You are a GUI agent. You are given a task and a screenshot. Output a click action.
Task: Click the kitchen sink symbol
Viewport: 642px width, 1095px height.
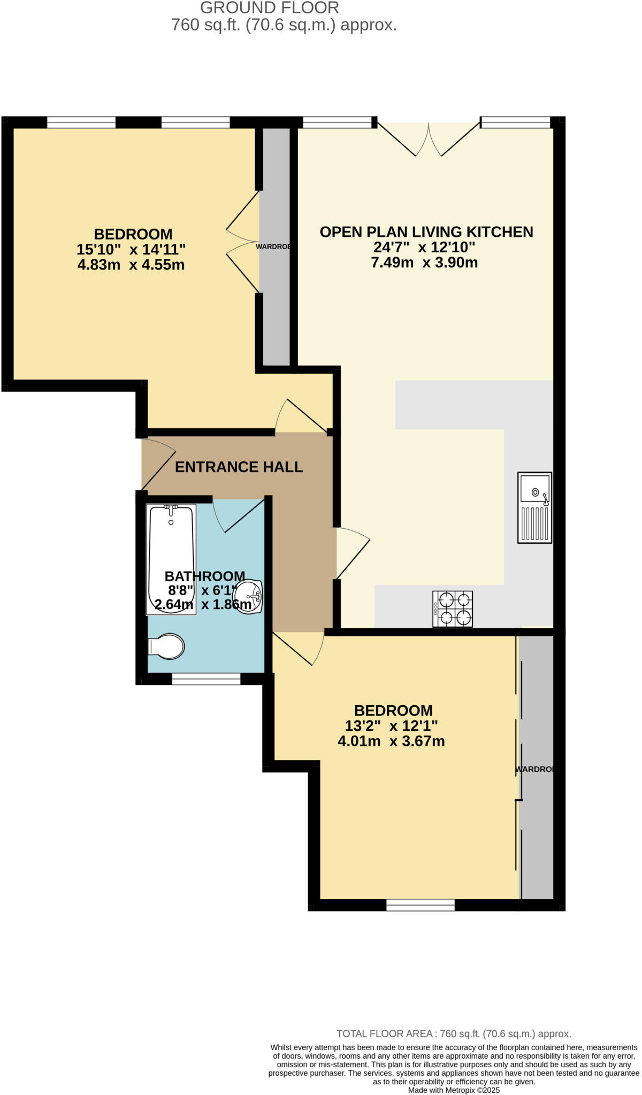534,507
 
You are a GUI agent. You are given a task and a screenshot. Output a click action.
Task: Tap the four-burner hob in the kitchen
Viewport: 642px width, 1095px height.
453,608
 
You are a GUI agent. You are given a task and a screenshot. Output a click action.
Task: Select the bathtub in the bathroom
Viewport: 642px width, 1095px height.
171,559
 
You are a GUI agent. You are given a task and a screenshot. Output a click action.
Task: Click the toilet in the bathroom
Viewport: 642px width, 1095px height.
167,646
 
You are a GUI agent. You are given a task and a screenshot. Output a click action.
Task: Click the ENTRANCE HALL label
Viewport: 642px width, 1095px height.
239,467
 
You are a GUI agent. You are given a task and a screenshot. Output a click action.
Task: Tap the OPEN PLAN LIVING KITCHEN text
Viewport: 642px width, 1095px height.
426,232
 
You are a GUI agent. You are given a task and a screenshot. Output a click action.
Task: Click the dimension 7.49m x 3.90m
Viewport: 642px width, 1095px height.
424,263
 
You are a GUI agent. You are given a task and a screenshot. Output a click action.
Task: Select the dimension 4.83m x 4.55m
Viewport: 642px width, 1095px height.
131,265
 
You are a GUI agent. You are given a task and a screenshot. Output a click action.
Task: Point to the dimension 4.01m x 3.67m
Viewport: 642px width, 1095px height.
391,742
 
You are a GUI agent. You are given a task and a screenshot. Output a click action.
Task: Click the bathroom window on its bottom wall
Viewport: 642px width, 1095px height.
206,679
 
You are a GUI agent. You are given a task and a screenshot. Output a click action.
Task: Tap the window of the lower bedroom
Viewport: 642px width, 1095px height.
421,905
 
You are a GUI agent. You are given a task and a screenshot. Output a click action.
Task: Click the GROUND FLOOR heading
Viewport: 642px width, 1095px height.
269,8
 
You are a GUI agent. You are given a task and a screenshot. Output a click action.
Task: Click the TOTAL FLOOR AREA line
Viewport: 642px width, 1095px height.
454,1034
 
